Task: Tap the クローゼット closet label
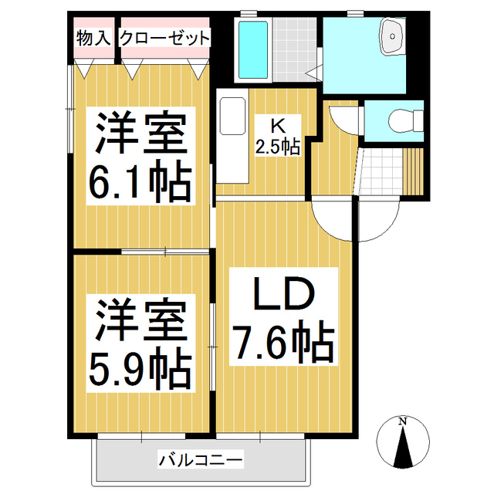click(164, 37)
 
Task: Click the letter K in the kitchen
click(275, 124)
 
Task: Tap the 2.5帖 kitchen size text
click(278, 146)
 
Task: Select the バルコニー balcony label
click(201, 461)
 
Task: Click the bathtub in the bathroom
click(253, 49)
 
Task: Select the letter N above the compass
click(402, 421)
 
